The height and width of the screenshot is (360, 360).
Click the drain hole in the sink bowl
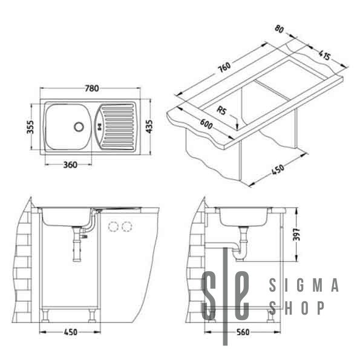[x=77, y=126]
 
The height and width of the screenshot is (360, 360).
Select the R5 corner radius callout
[x=221, y=111]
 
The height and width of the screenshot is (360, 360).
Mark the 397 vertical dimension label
[x=296, y=234]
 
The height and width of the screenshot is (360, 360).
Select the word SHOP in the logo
[x=298, y=307]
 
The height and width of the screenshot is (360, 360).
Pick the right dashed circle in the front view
[x=126, y=226]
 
